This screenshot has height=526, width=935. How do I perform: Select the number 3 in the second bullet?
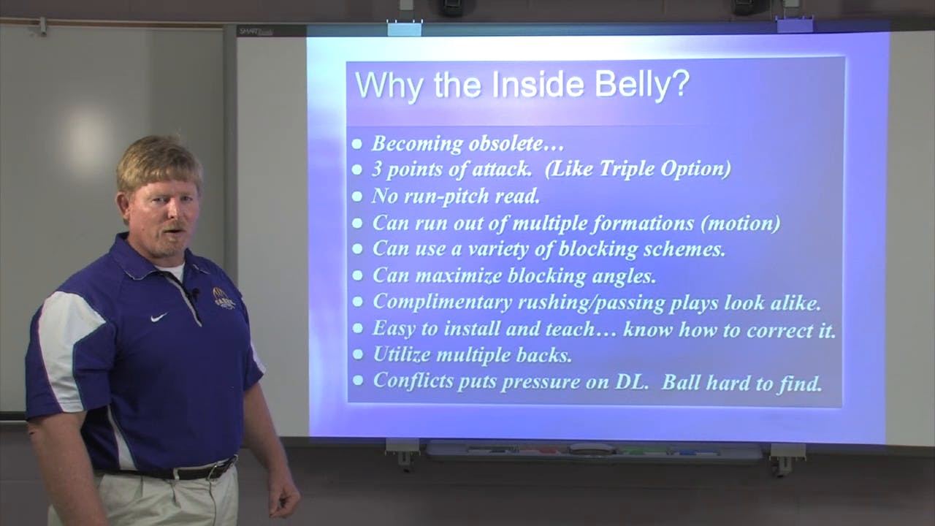378,169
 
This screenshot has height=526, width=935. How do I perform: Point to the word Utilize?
402,355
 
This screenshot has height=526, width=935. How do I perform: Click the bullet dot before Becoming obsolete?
356,145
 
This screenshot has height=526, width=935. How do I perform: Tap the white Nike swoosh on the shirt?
159,317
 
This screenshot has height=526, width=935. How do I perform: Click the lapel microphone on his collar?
194,294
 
